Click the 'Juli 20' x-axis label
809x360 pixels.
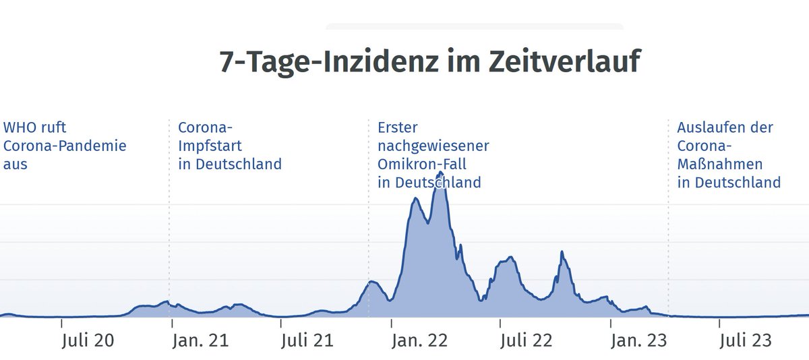87,340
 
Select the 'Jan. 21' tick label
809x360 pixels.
200,340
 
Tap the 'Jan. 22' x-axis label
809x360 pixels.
419,340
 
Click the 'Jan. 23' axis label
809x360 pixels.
638,340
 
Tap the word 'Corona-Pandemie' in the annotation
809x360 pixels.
65,146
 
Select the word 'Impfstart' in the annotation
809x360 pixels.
210,146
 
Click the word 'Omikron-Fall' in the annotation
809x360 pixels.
422,164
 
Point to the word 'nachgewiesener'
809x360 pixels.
433,146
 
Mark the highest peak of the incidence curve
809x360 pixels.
440,173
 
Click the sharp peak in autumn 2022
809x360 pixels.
562,252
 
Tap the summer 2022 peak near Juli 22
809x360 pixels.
510,258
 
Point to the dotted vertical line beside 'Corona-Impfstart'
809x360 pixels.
169,236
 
